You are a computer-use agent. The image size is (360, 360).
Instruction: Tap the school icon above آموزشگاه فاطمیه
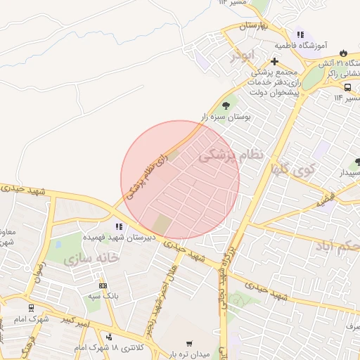pos(300,34)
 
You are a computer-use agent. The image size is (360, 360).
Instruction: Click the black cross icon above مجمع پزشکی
pos(274,61)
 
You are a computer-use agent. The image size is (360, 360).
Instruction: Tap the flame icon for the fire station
pos(343,53)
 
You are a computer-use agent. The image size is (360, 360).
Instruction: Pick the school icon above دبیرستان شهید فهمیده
pos(119,226)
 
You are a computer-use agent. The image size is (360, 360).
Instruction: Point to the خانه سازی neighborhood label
pos(92,258)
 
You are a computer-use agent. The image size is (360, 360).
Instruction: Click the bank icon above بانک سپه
pos(104,285)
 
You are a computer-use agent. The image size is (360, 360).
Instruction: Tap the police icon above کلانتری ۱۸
pos(108,337)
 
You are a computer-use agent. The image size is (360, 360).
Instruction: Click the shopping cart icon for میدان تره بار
pos(188,344)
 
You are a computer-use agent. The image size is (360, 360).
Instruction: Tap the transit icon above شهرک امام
pos(30,307)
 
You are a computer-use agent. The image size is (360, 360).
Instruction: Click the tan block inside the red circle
pos(162,226)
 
